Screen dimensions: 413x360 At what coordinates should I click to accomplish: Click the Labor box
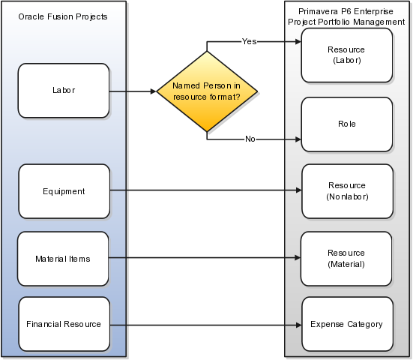tap(64, 91)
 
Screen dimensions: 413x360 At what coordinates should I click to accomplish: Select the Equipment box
tap(64, 191)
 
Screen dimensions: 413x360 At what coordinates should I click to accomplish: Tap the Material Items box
tap(63, 259)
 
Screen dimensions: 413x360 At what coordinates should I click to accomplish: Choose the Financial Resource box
tap(64, 324)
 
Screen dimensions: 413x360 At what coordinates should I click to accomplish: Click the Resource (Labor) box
tap(347, 55)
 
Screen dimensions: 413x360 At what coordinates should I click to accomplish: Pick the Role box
tap(347, 124)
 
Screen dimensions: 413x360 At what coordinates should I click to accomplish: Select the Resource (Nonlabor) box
tap(348, 191)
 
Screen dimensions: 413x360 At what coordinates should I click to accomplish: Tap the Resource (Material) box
tap(346, 259)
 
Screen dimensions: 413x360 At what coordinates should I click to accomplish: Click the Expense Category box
tap(348, 324)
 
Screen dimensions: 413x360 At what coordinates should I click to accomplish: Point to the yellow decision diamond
tap(207, 91)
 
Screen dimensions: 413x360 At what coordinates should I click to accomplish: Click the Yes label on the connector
tap(249, 41)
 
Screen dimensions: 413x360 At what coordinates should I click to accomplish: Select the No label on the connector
tap(250, 139)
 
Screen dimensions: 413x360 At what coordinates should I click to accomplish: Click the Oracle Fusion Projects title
tap(63, 16)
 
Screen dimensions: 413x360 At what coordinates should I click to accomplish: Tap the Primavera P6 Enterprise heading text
tap(346, 11)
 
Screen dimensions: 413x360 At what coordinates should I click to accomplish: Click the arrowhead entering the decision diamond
tap(154, 91)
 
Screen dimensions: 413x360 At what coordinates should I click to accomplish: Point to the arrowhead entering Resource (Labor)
tap(298, 42)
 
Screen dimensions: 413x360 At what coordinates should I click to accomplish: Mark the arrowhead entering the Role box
tap(298, 139)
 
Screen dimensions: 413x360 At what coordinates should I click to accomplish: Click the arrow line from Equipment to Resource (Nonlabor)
tap(205, 190)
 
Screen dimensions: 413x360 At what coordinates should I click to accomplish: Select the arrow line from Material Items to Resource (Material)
tap(205, 257)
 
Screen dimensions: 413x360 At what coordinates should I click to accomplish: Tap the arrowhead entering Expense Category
tap(298, 325)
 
